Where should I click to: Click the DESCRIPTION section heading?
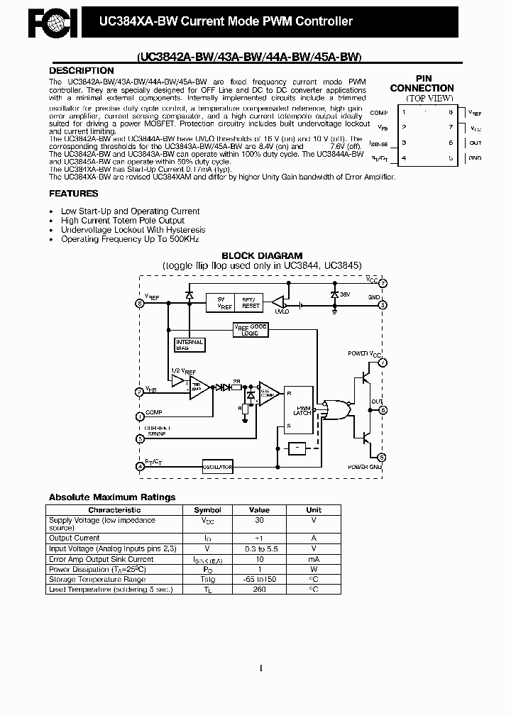81,71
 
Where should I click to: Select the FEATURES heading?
73,193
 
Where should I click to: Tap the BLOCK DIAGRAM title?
262,255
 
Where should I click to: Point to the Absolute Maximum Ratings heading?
111,497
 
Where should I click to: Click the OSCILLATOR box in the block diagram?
217,467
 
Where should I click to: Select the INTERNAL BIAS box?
189,345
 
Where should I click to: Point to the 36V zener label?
346,293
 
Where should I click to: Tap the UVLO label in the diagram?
282,311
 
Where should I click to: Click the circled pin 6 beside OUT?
383,410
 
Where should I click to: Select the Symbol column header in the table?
207,509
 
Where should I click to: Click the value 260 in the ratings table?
259,589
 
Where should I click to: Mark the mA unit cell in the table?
313,559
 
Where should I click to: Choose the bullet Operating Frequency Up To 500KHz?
130,240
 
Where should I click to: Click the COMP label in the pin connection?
378,113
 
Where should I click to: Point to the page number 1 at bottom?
261,668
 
